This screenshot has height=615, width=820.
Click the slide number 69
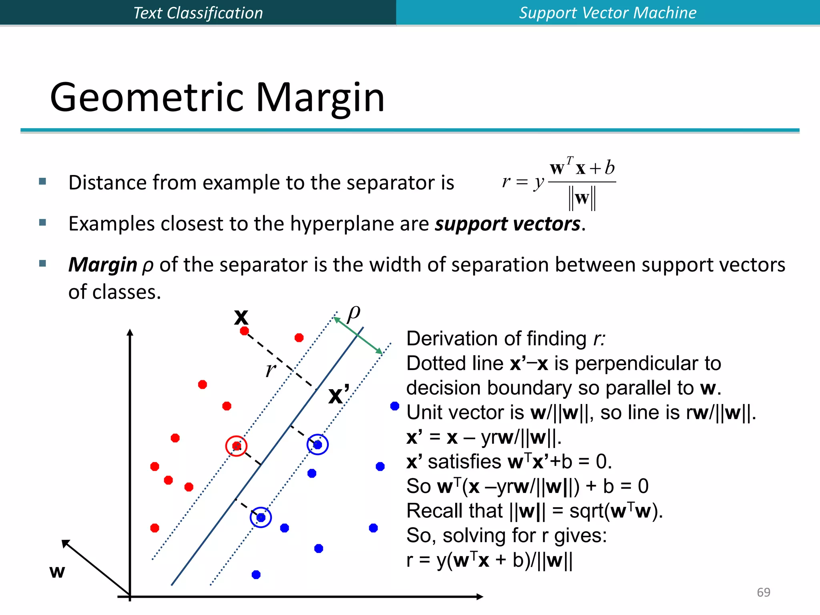pyautogui.click(x=763, y=592)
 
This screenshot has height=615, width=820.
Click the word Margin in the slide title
pyautogui.click(x=320, y=97)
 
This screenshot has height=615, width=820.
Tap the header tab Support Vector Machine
pyautogui.click(x=607, y=13)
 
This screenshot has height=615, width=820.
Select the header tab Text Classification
pyautogui.click(x=198, y=13)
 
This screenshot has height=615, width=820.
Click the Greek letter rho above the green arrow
pyautogui.click(x=354, y=313)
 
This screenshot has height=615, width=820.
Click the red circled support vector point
pyautogui.click(x=237, y=446)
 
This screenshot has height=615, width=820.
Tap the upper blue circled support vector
pyautogui.click(x=318, y=444)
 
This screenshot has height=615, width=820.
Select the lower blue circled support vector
pyautogui.click(x=261, y=517)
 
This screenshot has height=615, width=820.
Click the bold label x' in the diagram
pyautogui.click(x=339, y=395)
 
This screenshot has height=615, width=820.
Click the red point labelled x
pyautogui.click(x=244, y=331)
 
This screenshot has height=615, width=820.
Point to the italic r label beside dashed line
pyautogui.click(x=271, y=370)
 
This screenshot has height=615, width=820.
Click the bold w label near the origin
pyautogui.click(x=57, y=571)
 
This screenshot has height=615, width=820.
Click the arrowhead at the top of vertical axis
pyautogui.click(x=130, y=332)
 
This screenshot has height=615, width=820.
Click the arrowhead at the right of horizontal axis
pyautogui.click(x=480, y=597)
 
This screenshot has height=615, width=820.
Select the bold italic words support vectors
pyautogui.click(x=507, y=224)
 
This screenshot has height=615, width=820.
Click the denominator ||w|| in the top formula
pyautogui.click(x=582, y=198)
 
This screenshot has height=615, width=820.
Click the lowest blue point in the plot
pyautogui.click(x=256, y=575)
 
